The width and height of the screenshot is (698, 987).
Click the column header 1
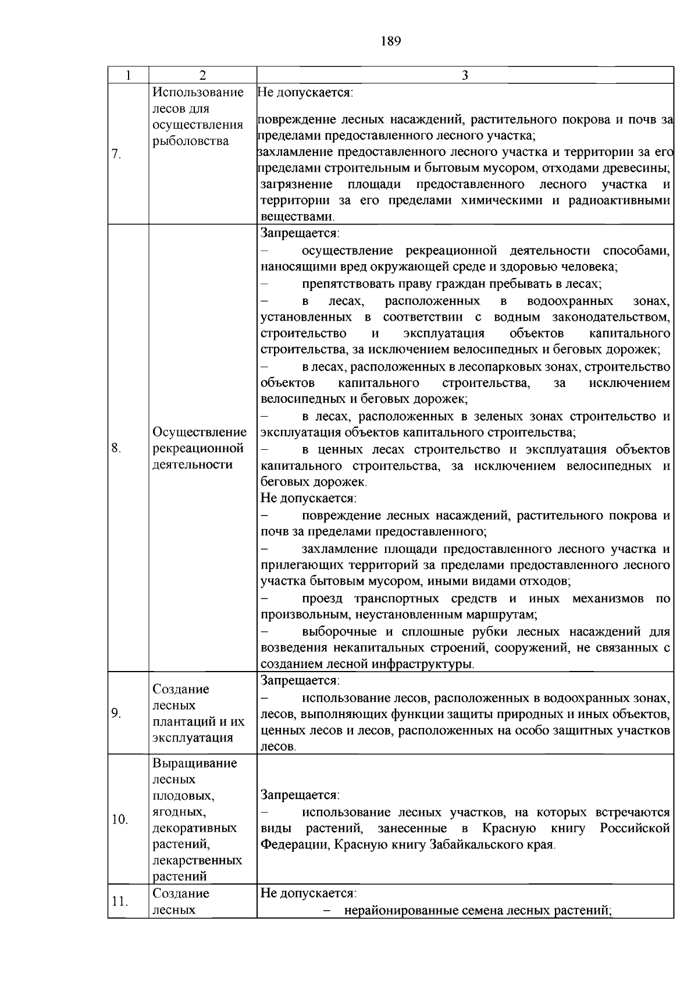[x=128, y=75]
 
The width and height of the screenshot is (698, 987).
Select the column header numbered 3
[x=465, y=75]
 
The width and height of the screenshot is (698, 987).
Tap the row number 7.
[x=116, y=154]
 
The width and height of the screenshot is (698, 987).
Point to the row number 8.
[x=116, y=448]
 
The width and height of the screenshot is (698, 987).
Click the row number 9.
[x=116, y=713]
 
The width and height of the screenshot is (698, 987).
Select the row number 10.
[x=119, y=819]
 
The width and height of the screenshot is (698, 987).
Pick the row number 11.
[x=119, y=901]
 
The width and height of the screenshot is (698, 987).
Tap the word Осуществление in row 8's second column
[x=200, y=432]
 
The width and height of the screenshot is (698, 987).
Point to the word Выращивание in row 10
[x=195, y=763]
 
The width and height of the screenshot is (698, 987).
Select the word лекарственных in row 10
[x=197, y=860]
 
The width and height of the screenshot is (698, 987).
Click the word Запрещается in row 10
[x=300, y=795]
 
